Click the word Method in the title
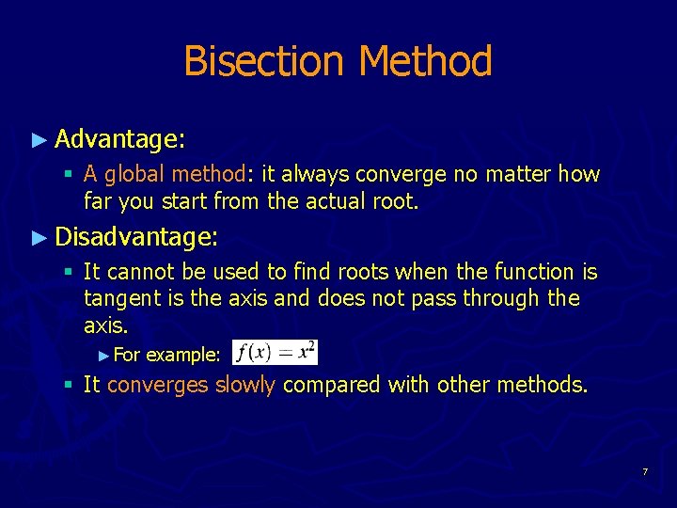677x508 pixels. coord(425,62)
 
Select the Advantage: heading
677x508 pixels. coord(119,140)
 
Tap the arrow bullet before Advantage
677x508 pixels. coord(39,140)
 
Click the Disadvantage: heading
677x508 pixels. coord(136,237)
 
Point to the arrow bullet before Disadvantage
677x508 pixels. coord(39,237)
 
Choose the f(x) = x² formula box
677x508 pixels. coord(276,353)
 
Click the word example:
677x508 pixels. coord(183,355)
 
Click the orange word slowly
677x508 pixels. coord(244,385)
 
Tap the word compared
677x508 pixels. coord(325,385)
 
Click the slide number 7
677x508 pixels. coord(645,470)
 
